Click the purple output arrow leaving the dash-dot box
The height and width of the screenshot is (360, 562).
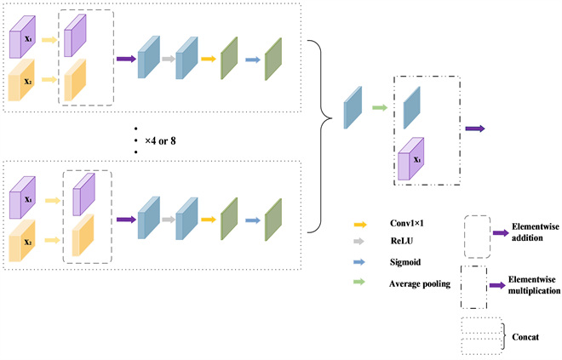[474, 129]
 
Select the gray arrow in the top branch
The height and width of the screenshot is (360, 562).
[168, 59]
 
